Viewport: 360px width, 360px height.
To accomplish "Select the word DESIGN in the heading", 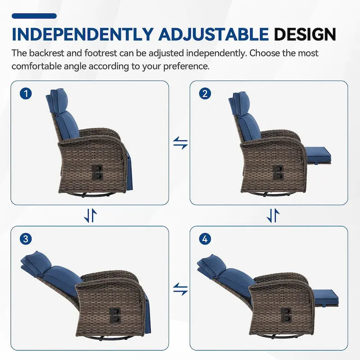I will point(305,34).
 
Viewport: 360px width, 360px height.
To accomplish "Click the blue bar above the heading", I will point(34,16).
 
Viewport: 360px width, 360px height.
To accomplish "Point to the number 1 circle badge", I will point(26,94).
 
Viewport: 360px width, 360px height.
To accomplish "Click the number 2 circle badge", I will point(205,94).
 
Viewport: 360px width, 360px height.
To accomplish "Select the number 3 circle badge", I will point(26,239).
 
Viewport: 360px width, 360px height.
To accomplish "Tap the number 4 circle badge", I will point(205,239).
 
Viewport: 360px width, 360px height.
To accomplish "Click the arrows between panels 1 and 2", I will point(180,143).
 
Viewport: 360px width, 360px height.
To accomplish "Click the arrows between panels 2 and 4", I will point(273,216).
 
